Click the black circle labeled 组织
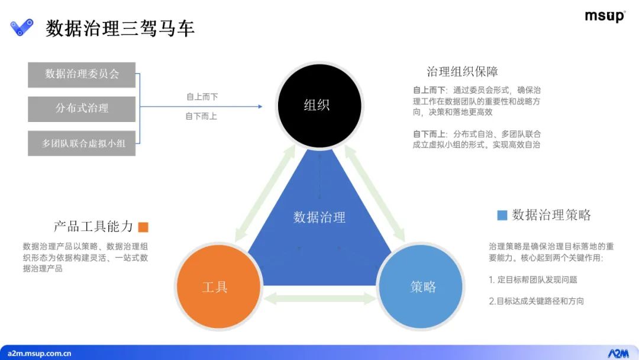317,105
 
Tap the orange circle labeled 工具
215,287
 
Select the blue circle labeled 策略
422,287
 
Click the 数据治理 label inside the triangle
319,217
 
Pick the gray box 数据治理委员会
82,75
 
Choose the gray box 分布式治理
82,108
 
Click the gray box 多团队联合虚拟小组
82,143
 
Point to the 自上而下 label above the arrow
202,97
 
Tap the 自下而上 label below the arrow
202,116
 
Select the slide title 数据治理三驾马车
120,28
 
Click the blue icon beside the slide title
22,27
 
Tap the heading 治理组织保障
462,72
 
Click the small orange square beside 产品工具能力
143,227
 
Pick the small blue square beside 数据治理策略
502,215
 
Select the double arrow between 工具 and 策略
319,299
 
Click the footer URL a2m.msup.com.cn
36,353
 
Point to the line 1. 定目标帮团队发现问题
533,279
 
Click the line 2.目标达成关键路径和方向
536,301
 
